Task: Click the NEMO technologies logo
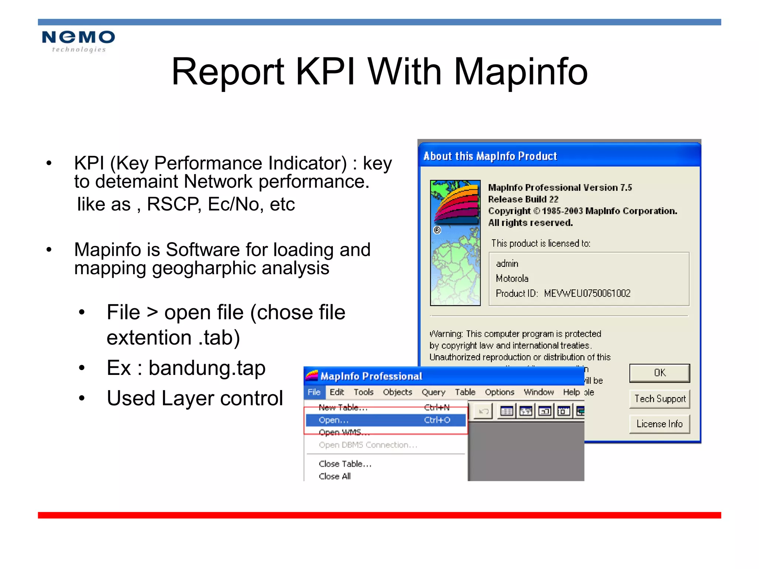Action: click(78, 41)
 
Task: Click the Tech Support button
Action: click(660, 399)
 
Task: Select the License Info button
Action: click(660, 424)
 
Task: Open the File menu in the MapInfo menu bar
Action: click(314, 392)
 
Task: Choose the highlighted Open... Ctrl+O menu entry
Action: click(385, 420)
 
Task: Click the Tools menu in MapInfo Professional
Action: click(363, 392)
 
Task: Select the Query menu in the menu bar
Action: click(433, 392)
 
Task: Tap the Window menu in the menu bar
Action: click(538, 392)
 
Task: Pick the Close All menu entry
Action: click(335, 476)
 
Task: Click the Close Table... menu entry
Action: click(345, 464)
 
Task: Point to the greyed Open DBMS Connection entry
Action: click(368, 445)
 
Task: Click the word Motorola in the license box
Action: click(512, 279)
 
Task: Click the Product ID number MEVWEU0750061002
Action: click(587, 293)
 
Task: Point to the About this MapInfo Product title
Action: click(490, 156)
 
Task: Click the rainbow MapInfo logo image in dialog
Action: click(455, 243)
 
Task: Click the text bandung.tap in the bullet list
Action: click(207, 368)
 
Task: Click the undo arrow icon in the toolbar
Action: click(483, 411)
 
